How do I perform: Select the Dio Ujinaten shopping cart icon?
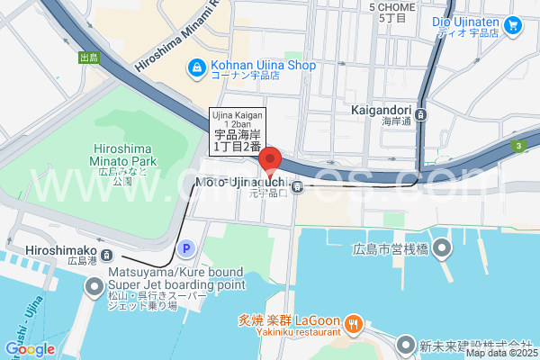pyautogui.click(x=513, y=25)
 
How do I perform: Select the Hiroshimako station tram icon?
pyautogui.click(x=106, y=255)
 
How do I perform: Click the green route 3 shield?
pyautogui.click(x=518, y=146)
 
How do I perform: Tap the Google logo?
pyautogui.click(x=30, y=349)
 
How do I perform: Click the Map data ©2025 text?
pyautogui.click(x=500, y=353)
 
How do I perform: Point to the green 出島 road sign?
pyautogui.click(x=88, y=58)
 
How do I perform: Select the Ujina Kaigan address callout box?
pyautogui.click(x=237, y=131)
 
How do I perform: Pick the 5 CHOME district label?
pyautogui.click(x=392, y=11)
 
